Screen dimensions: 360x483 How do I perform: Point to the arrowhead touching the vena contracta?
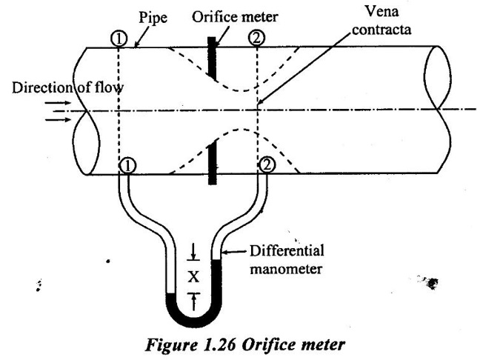click(x=261, y=103)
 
